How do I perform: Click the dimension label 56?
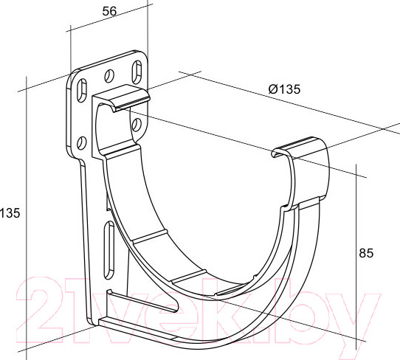(x=109, y=11)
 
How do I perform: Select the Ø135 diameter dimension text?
(x=284, y=89)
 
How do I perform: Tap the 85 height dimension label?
(x=366, y=253)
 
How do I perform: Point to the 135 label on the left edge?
(x=10, y=213)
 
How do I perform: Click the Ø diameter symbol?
(x=273, y=89)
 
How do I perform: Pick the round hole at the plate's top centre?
(x=109, y=76)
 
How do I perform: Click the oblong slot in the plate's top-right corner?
(x=137, y=72)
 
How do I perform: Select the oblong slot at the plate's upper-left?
(x=82, y=91)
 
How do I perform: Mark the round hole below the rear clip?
(x=137, y=125)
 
